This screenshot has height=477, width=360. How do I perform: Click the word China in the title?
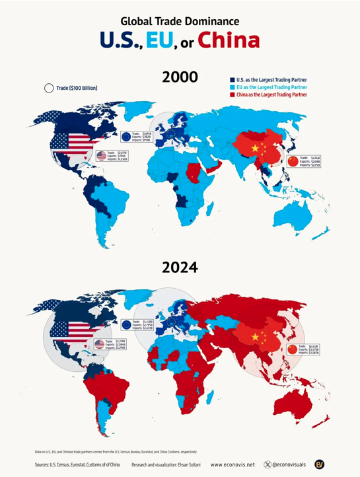click(229, 40)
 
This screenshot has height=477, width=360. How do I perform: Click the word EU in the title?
click(159, 40)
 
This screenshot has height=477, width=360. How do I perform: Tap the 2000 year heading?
click(180, 77)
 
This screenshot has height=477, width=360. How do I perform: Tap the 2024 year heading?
click(180, 268)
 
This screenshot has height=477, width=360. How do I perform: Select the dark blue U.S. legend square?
click(232, 79)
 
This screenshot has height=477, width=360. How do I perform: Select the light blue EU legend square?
click(232, 87)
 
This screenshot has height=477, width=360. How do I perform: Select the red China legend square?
click(232, 94)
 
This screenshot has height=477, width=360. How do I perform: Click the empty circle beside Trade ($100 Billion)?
click(48, 87)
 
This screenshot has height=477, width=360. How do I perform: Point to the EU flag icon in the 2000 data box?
click(126, 137)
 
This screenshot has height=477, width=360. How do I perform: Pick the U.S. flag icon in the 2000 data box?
click(101, 156)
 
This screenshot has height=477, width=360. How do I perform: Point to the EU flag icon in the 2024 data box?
click(126, 324)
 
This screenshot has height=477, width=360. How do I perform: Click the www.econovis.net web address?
click(232, 465)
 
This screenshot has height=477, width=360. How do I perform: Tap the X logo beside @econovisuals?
click(268, 465)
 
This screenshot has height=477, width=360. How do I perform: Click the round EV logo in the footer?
click(319, 464)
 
